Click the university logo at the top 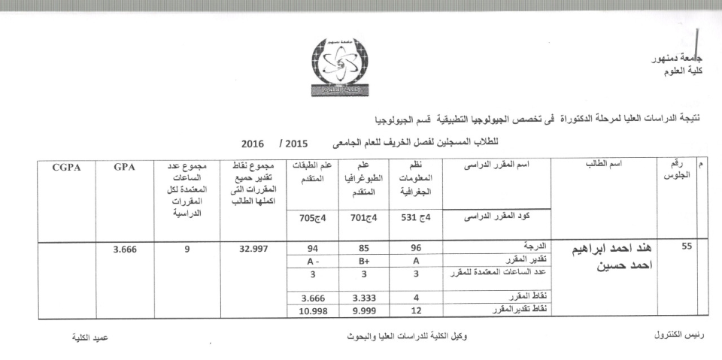[x=341, y=65]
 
